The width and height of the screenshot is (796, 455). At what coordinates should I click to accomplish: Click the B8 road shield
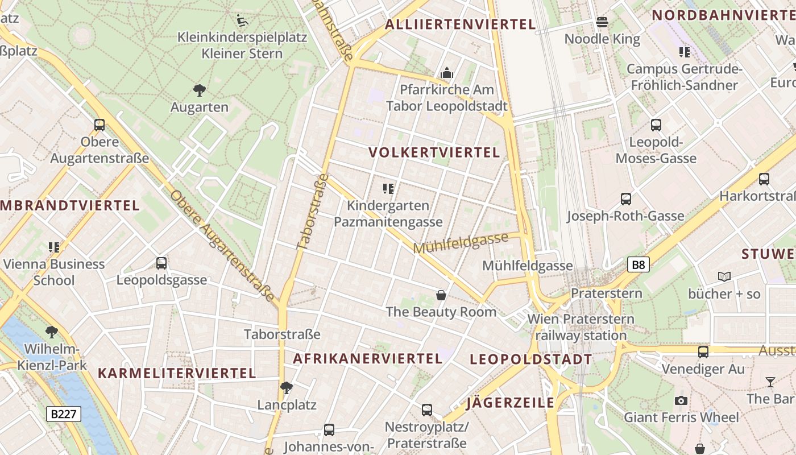(x=639, y=264)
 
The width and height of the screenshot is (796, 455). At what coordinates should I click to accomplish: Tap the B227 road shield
(x=64, y=414)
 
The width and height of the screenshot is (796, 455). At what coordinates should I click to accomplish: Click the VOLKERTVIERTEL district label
(x=434, y=152)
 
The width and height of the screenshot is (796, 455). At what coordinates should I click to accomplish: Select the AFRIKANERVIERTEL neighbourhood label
(x=367, y=359)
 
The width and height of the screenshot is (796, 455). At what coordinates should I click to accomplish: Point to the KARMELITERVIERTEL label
(x=177, y=374)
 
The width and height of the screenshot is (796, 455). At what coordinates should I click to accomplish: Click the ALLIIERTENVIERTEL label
(x=460, y=24)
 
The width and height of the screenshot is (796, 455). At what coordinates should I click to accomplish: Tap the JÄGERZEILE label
(x=510, y=403)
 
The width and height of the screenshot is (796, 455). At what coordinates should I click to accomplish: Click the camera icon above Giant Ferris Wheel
(x=681, y=401)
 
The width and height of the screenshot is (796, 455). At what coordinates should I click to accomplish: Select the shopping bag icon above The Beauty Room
(x=441, y=295)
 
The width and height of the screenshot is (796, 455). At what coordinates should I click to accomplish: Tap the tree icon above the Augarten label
(x=199, y=90)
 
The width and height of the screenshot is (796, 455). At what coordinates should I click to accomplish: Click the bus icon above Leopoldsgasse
(x=161, y=263)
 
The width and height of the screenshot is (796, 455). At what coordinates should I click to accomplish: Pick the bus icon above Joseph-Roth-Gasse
(x=625, y=199)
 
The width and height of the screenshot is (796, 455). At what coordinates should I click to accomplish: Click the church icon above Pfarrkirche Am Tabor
(x=447, y=73)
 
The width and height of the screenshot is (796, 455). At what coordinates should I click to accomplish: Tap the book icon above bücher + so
(x=724, y=277)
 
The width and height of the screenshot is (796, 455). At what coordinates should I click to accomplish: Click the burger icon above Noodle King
(x=602, y=22)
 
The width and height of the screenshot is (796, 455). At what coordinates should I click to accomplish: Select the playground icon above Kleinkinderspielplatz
(x=242, y=20)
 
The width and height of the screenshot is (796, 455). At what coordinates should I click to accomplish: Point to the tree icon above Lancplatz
(x=287, y=388)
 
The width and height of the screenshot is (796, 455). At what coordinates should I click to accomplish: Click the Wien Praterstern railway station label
(x=581, y=327)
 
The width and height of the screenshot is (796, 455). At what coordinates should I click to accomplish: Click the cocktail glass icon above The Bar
(x=770, y=382)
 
